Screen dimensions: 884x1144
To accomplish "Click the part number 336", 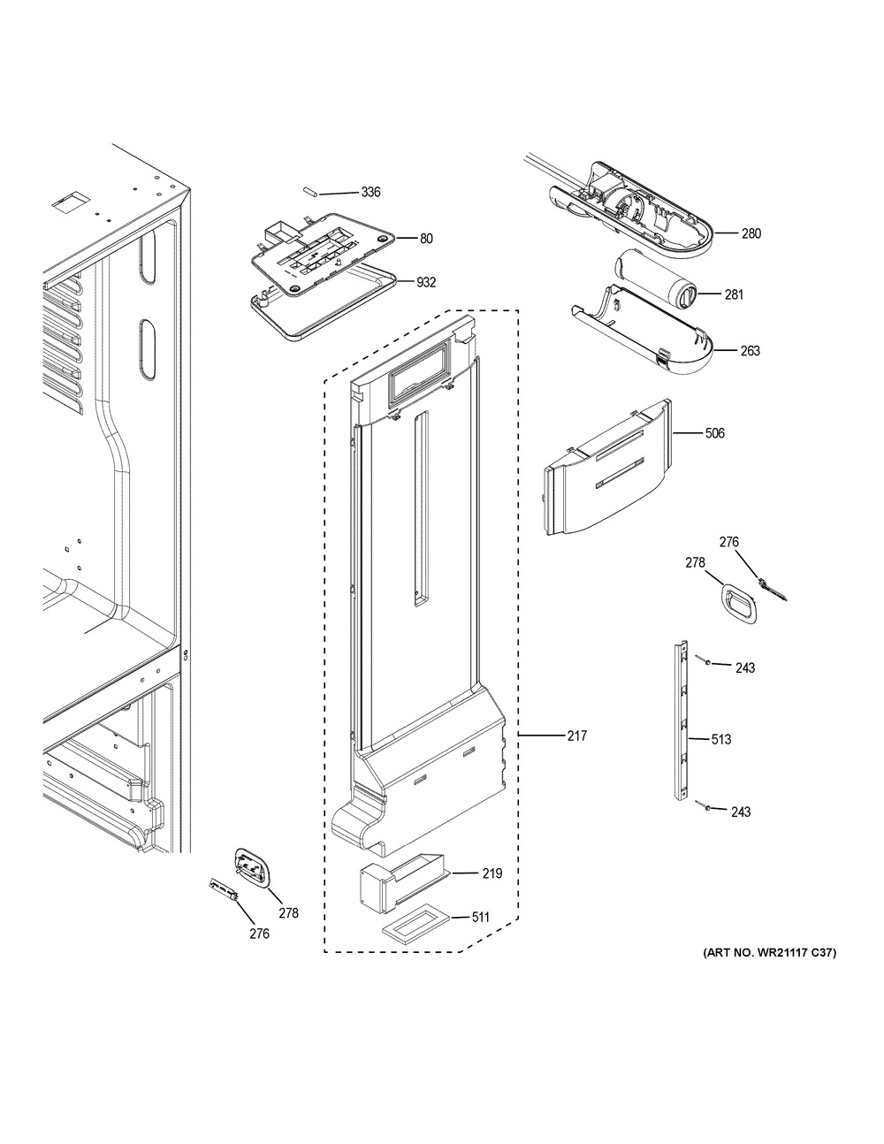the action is (370, 192).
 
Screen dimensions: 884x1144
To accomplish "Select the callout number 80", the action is (426, 239).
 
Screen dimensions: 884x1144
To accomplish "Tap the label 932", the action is (426, 283).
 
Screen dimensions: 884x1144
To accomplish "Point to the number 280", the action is (751, 233).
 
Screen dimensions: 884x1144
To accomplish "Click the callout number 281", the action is (734, 294).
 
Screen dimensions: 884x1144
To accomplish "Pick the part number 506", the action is (714, 433).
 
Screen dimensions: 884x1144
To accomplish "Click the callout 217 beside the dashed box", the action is (576, 736).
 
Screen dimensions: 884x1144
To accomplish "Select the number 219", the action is (492, 873).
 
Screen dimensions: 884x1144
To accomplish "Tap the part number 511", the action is (480, 918).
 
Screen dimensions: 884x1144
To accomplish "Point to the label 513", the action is (720, 740).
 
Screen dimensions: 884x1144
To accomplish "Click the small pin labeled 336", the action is (310, 193).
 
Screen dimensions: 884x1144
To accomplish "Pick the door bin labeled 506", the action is (608, 468).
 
